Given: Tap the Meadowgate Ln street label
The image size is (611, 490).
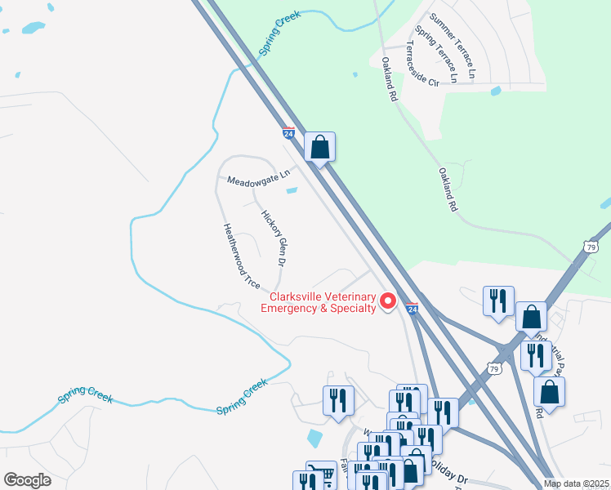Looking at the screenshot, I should pos(258,176).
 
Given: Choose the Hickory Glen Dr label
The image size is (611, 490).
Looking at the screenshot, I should pos(273,238).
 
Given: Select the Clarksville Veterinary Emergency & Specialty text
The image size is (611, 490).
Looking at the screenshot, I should pos(318,302).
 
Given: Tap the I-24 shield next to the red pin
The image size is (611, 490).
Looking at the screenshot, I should pos(412,309).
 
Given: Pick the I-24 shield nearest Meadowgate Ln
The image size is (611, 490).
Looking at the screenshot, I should pos(288,132).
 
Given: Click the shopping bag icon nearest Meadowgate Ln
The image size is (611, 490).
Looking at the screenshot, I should pos(320,148).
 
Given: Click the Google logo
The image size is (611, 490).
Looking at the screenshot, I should pos(28,480).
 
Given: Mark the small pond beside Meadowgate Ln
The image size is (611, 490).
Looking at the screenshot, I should pos(292,191).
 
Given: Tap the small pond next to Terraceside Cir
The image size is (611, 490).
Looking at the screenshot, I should pos(495,91).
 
